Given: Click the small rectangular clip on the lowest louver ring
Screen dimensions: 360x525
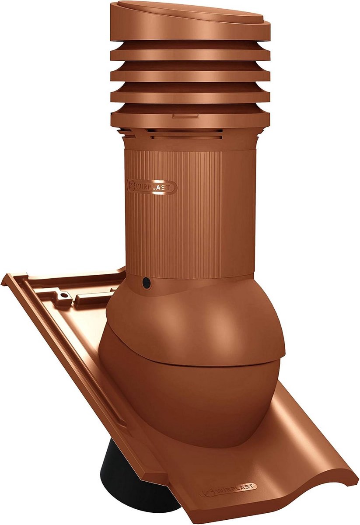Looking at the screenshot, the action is point(185,116).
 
